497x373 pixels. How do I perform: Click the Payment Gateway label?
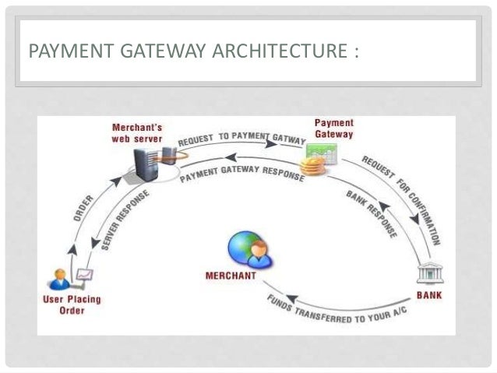333,128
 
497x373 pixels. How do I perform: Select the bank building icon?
429,275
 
